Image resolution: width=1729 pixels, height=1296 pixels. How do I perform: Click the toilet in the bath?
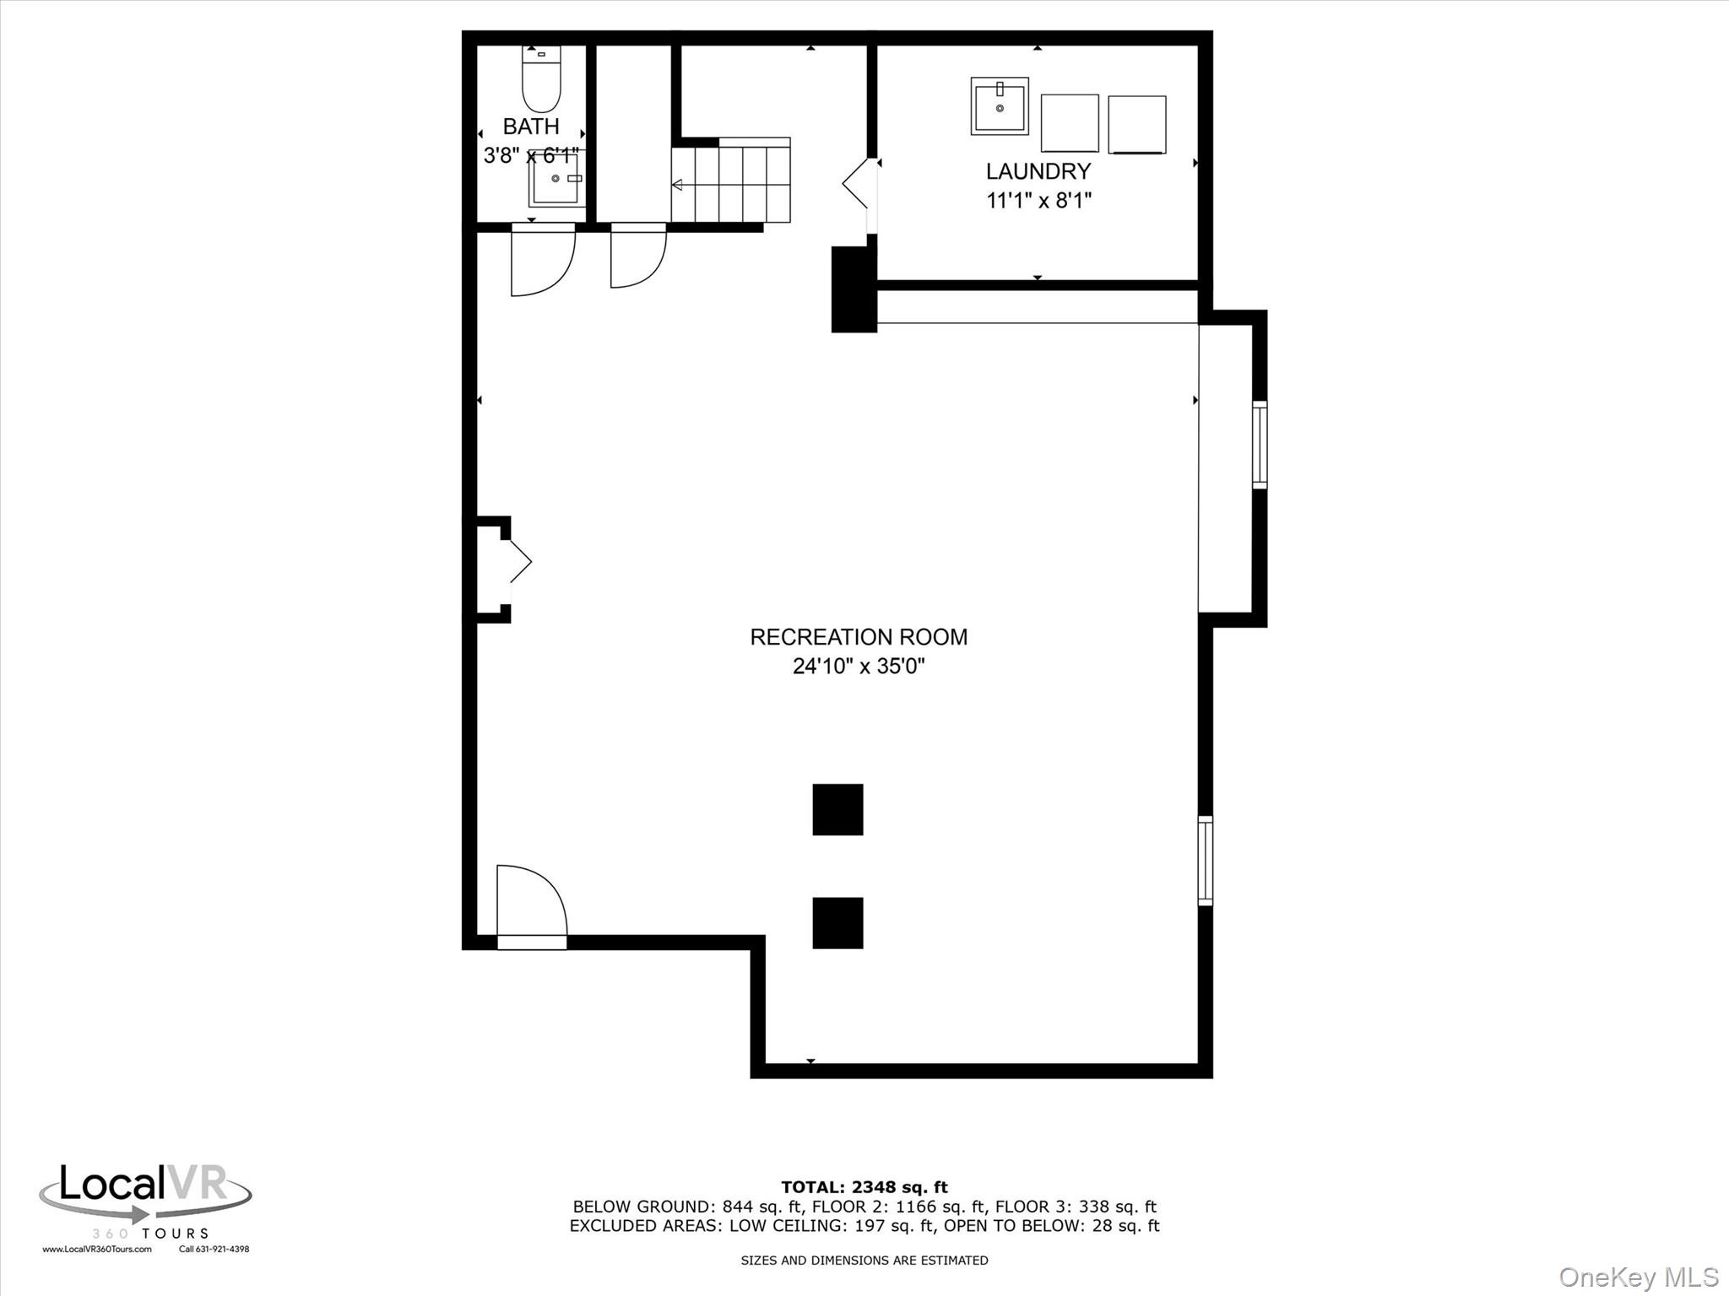click(541, 84)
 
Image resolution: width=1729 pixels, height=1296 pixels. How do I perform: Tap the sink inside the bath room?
click(556, 179)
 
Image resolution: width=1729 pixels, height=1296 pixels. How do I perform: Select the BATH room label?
click(531, 127)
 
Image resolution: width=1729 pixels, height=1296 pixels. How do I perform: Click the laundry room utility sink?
click(1000, 106)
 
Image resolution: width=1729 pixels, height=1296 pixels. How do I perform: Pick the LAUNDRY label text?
click(1038, 171)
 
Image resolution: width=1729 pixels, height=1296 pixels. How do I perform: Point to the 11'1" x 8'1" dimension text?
click(1039, 201)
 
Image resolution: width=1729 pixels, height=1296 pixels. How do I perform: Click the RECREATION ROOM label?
click(859, 637)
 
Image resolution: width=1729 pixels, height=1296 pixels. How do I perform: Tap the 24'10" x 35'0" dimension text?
click(859, 667)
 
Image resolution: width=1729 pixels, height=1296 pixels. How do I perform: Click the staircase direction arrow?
click(677, 185)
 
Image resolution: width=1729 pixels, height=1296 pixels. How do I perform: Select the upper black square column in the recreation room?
click(837, 809)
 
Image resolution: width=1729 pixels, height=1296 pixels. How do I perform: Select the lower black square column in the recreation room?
click(837, 922)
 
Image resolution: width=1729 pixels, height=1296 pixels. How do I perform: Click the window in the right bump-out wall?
click(1259, 445)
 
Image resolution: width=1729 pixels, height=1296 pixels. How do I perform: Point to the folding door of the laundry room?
click(859, 184)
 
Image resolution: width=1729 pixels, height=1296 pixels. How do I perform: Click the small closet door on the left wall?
click(519, 562)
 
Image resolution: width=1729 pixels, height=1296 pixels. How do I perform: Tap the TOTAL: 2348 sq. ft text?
click(864, 1188)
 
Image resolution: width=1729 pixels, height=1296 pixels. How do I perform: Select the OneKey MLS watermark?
click(1639, 1277)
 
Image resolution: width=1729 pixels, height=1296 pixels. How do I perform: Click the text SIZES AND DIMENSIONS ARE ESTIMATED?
click(864, 1261)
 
